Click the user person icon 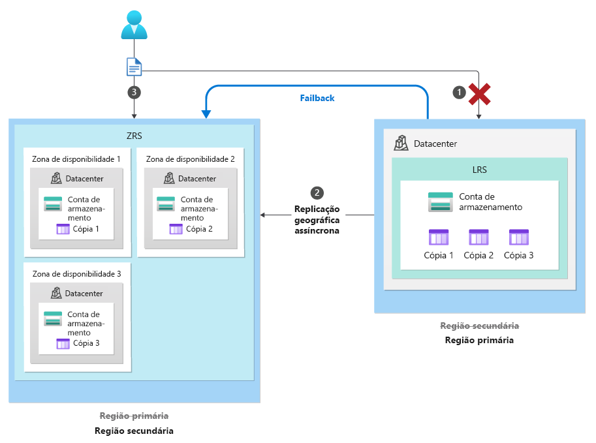134,24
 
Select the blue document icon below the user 134,67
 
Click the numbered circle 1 460,93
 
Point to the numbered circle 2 317,193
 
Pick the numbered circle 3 134,93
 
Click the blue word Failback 317,98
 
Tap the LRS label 480,169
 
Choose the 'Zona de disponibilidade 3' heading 77,273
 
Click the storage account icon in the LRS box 441,202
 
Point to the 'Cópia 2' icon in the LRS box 478,237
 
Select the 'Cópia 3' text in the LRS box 519,255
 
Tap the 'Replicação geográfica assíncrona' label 317,220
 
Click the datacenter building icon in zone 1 56,178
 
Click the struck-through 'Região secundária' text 480,326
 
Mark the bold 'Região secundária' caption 134,431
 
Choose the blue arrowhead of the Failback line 206,115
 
